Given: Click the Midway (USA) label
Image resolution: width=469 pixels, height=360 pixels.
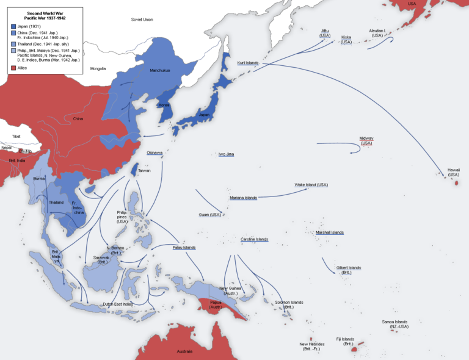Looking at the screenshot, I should tap(366, 140).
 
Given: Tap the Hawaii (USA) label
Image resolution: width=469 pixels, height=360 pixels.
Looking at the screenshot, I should tap(453, 172).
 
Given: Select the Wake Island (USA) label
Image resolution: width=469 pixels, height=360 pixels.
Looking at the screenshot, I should tap(311, 184).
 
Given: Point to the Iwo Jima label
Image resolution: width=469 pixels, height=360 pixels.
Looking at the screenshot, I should tap(226, 154).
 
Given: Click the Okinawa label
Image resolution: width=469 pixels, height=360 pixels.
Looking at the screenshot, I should tap(155, 153).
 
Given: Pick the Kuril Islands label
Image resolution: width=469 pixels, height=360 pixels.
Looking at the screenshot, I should tap(248, 63).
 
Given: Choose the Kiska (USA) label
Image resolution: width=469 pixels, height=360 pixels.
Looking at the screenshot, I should tap(346, 39).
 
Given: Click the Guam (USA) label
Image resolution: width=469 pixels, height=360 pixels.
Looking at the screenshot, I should tap(209, 214).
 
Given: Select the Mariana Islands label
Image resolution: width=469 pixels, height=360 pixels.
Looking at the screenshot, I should tap(243, 198).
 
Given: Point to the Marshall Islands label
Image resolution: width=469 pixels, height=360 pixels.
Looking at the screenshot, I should tap(329, 232).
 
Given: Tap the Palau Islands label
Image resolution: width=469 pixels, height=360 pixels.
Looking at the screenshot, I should tap(182, 247).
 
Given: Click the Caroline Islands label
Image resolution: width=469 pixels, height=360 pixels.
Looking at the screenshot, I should tap(254, 239).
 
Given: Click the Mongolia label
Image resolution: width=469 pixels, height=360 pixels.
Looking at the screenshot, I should tap(98, 68).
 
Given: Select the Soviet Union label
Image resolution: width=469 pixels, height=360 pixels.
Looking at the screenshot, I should tap(142, 20).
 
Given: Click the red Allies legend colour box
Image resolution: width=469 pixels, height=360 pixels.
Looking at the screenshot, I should tap(13, 68).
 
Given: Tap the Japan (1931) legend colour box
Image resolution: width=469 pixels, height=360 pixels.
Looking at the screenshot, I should tap(13, 26).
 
